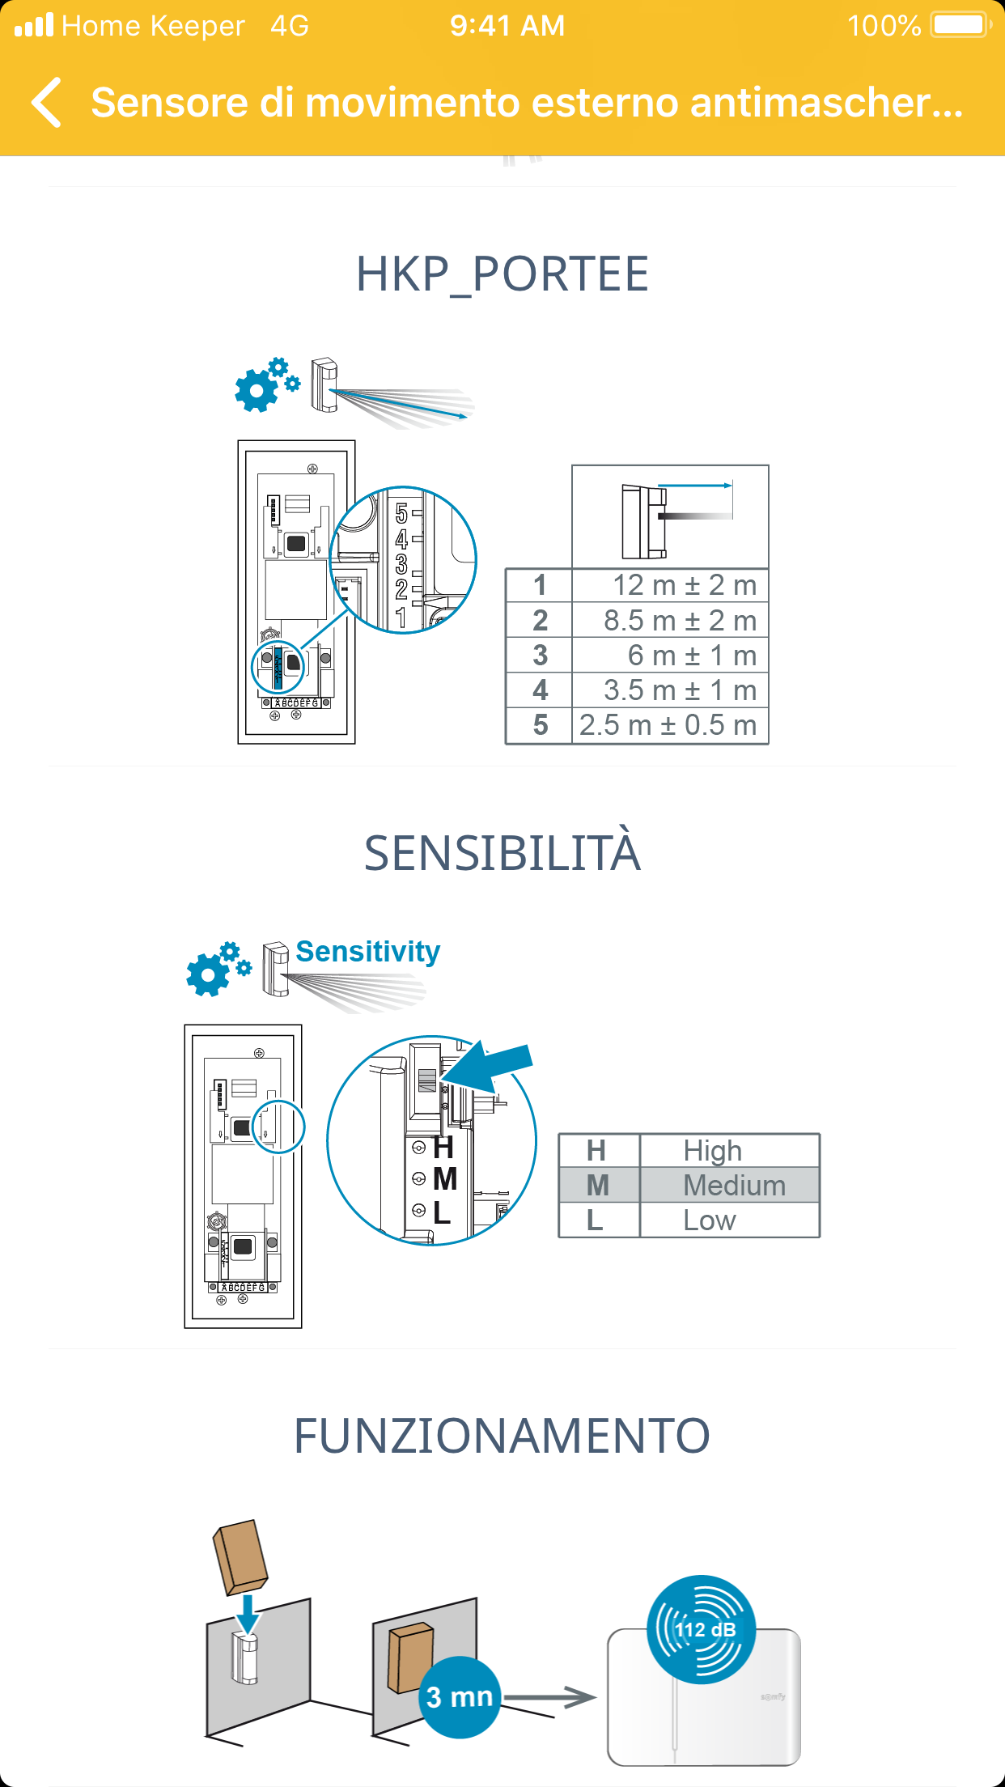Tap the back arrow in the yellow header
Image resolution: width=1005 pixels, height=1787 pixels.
[47, 103]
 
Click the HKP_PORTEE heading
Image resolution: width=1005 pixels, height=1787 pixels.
[502, 274]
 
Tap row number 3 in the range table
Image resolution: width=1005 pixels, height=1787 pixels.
[540, 656]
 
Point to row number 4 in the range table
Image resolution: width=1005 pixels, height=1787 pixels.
[540, 690]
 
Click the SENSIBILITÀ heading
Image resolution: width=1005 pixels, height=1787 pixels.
[502, 853]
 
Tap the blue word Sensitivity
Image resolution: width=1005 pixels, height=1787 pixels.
[367, 952]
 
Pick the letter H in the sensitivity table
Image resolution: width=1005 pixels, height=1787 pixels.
[596, 1150]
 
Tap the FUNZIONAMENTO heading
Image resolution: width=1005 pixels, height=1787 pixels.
[502, 1436]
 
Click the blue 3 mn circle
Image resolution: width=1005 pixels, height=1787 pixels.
[460, 1696]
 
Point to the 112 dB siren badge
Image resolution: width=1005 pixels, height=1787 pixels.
[702, 1628]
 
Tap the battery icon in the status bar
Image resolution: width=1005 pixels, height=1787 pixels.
[960, 25]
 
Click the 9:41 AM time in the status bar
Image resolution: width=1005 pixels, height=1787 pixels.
[507, 26]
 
